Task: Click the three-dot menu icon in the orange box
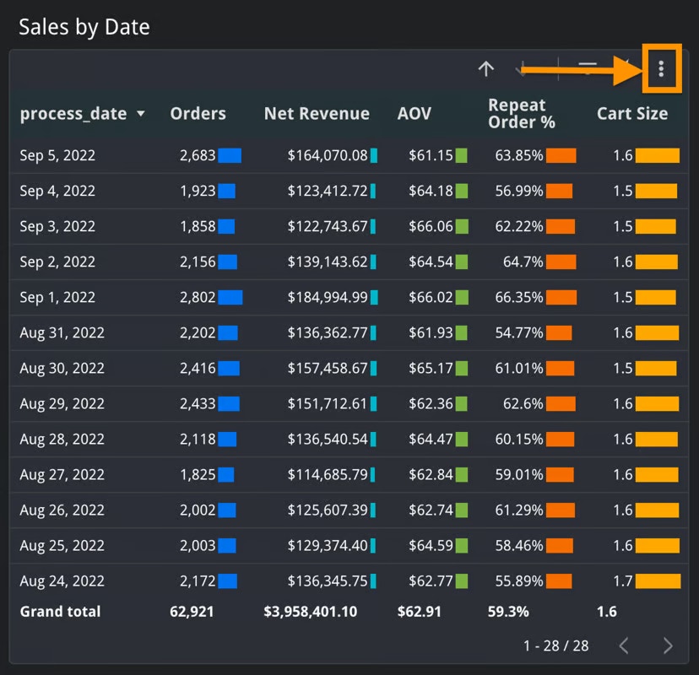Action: tap(661, 68)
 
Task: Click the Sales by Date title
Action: tap(84, 27)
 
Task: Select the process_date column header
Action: tap(73, 114)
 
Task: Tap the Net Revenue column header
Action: tap(317, 114)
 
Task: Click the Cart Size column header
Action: tap(632, 114)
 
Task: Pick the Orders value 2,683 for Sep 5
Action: tap(198, 155)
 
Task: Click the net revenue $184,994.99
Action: tap(328, 297)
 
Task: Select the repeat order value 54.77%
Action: tap(518, 332)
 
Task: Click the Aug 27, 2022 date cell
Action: tap(62, 474)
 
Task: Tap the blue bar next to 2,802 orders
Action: tap(230, 297)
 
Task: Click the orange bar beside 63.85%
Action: tap(561, 155)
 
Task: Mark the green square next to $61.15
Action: tap(462, 155)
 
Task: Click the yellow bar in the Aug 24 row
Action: tap(658, 580)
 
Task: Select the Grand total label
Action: tap(60, 612)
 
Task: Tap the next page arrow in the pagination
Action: tap(668, 645)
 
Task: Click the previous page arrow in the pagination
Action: tap(624, 645)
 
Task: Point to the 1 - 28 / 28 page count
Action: tap(555, 645)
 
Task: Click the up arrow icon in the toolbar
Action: tap(485, 69)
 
